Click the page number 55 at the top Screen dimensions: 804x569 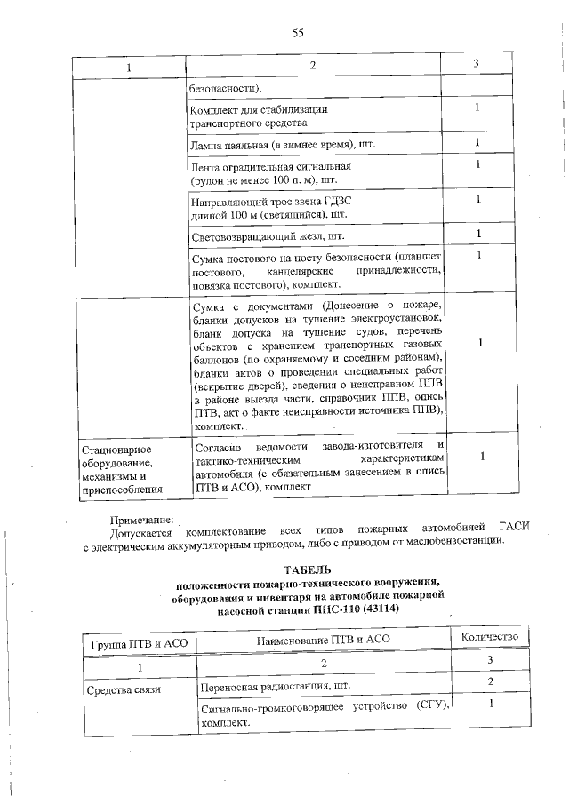[x=298, y=33]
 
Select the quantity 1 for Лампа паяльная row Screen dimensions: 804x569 [x=477, y=142]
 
